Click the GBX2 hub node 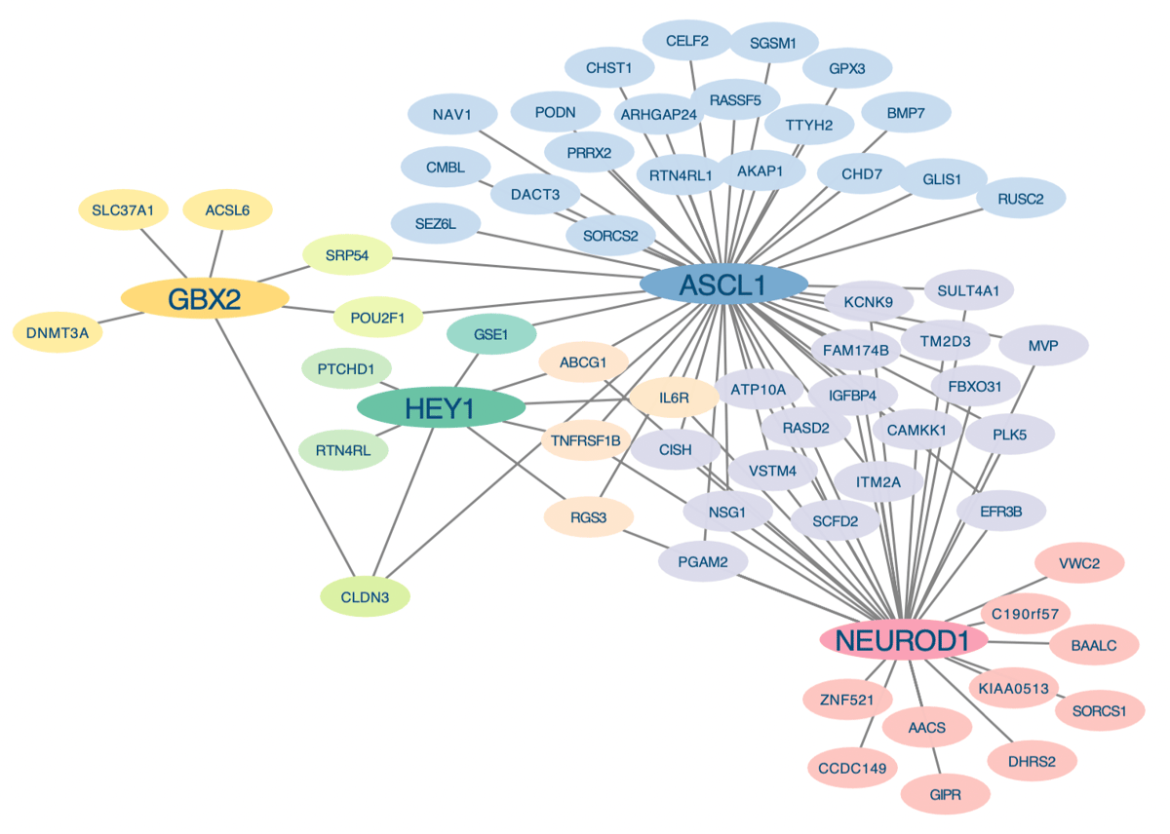coord(205,299)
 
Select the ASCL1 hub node coord(723,284)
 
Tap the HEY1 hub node coord(442,408)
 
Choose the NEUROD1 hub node coord(904,640)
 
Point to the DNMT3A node coord(58,333)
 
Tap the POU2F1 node coord(377,317)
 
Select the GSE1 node coord(491,335)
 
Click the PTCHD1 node coord(346,369)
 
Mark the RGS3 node coord(589,517)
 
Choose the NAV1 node coord(452,116)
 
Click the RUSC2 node coord(1021,199)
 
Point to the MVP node coord(1042,345)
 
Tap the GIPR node coord(945,795)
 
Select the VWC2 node coord(1079,562)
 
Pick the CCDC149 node coord(852,768)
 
